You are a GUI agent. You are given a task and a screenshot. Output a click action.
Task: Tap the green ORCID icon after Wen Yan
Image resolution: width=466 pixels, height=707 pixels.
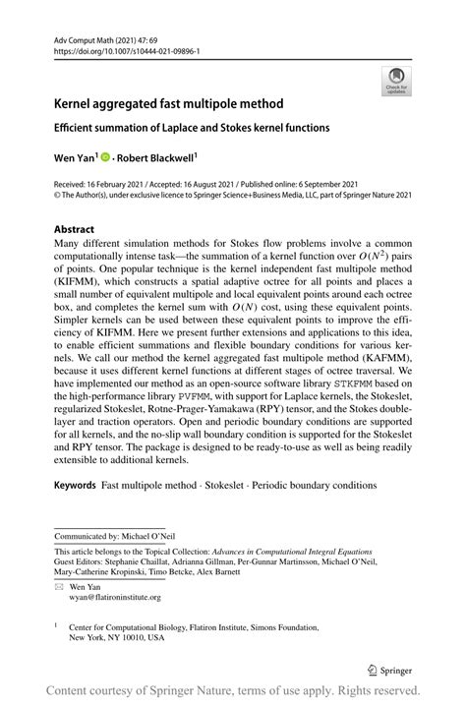coord(105,154)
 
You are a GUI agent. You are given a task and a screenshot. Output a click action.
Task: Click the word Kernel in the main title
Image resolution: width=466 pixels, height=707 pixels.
coord(76,102)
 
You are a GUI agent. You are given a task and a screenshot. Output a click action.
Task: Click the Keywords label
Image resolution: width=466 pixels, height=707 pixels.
coord(75,485)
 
